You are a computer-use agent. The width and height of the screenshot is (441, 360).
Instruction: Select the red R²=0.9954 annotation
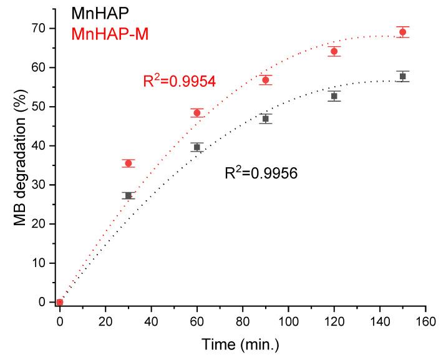(x=180, y=81)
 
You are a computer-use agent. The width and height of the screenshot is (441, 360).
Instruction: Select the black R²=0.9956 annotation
(x=261, y=173)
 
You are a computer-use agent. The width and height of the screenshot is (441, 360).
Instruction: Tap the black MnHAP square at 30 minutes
(x=128, y=195)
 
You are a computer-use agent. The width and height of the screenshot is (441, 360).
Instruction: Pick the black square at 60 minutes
(x=197, y=147)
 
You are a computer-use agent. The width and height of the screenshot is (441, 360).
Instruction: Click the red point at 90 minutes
(x=266, y=80)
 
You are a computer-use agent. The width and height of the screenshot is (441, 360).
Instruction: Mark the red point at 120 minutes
(x=334, y=51)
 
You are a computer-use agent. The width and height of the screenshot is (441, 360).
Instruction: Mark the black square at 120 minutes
(x=334, y=96)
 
